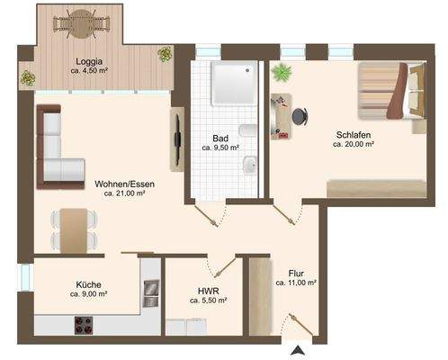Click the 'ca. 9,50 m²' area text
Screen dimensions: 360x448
pyautogui.click(x=220, y=149)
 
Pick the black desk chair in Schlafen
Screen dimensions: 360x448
pyautogui.click(x=299, y=115)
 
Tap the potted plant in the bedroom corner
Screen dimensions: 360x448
pyautogui.click(x=282, y=71)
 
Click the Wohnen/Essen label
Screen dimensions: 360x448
pyautogui.click(x=125, y=183)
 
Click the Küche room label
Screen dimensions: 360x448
pyautogui.click(x=88, y=282)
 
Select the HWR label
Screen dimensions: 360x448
pyautogui.click(x=207, y=291)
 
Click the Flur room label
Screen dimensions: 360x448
pyautogui.click(x=296, y=273)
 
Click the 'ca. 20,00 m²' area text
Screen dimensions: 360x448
pyautogui.click(x=354, y=144)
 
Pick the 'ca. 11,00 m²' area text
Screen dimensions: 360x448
pyautogui.click(x=296, y=283)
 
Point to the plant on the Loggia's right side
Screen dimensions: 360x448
pyautogui.click(x=165, y=55)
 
